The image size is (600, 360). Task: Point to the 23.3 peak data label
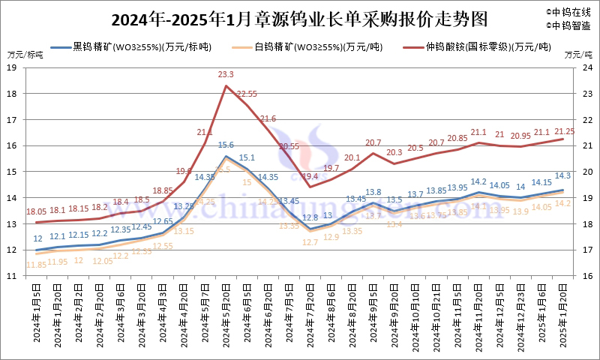tap(226, 75)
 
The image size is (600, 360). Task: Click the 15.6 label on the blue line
tap(226, 145)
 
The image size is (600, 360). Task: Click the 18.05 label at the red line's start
tap(37, 212)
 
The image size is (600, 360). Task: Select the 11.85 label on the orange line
tap(36, 264)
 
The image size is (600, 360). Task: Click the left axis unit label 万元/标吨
tap(25, 55)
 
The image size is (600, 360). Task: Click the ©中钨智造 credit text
tap(568, 25)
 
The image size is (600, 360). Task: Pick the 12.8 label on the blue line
tap(310, 217)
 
